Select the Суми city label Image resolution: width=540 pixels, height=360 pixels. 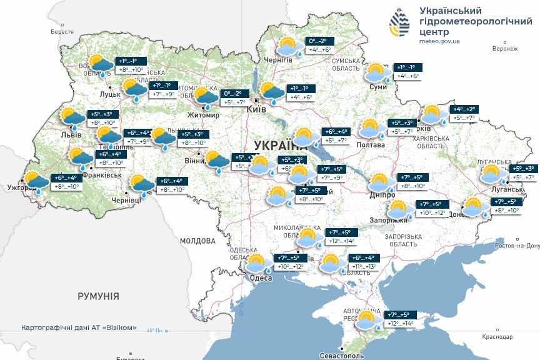(378, 87)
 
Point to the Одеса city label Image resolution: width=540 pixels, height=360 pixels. (260, 278)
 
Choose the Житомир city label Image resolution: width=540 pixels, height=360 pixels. (204, 115)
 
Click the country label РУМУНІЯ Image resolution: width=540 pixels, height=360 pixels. (98, 296)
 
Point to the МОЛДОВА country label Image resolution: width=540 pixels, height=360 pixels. (197, 240)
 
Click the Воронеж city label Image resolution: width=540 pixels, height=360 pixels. (505, 48)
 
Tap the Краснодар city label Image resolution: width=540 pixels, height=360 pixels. (497, 337)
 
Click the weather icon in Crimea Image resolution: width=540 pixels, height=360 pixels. (367, 320)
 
